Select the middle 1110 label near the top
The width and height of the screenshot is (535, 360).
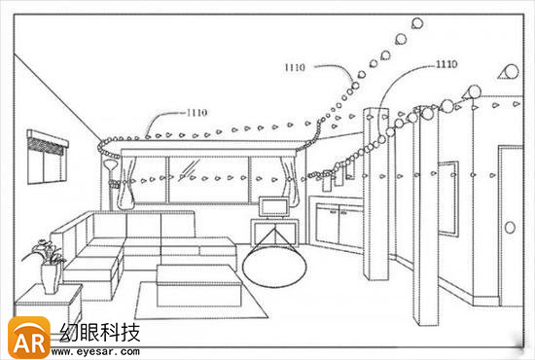pos(296,68)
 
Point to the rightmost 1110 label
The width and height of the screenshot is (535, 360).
pos(446,64)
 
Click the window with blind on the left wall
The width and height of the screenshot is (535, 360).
pos(47,158)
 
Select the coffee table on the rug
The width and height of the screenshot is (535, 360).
pos(197,284)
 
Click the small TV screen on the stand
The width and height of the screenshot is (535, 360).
pos(272,206)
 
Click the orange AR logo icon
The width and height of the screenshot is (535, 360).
pos(28,337)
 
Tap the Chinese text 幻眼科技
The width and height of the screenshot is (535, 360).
pos(99,331)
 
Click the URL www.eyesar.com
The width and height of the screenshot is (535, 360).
pos(99,350)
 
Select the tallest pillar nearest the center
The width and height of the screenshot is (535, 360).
pos(374,195)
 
